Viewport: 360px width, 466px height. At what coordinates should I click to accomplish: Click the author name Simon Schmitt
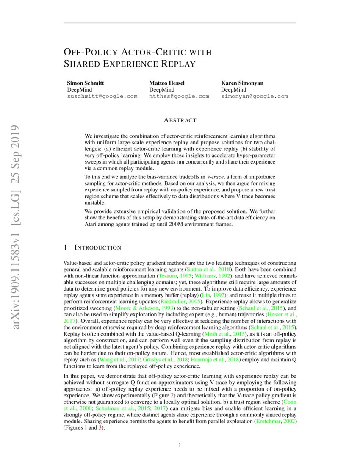coord(86,83)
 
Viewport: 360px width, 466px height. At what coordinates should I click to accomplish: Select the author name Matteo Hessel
coord(167,83)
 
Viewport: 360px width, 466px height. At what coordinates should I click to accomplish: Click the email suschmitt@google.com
coord(102,97)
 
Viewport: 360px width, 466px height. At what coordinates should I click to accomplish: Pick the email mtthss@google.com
coord(179,97)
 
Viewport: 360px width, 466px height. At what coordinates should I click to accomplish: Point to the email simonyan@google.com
coord(254,97)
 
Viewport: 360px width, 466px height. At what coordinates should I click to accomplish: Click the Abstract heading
coord(180,120)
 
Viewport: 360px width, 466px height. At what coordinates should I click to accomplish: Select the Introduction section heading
coord(97,247)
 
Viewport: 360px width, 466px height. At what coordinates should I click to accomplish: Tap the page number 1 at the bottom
coord(180,445)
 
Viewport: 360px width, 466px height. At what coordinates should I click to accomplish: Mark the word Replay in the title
coord(177,64)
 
